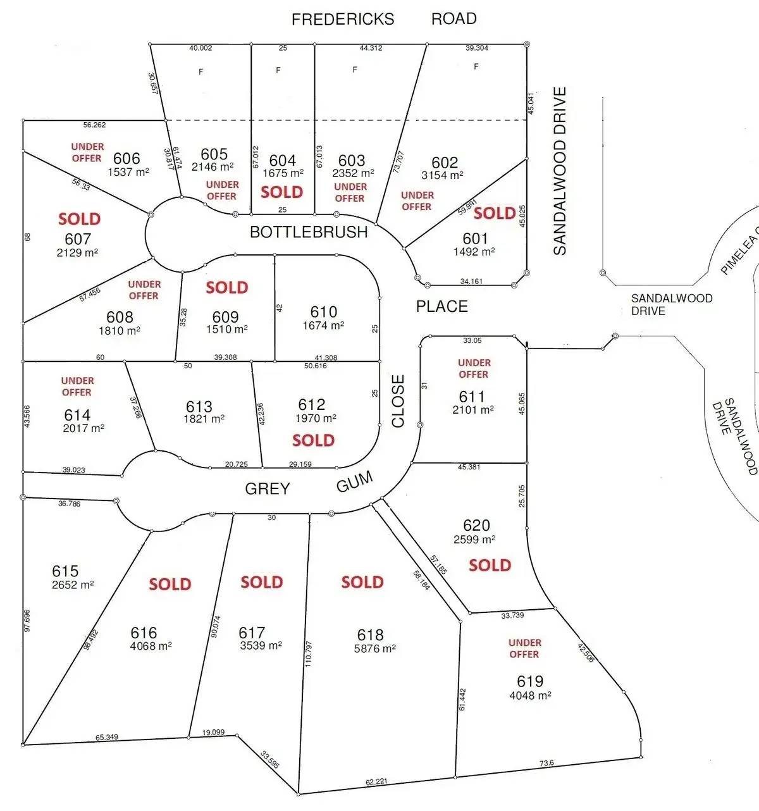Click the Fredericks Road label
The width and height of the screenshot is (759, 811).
click(x=384, y=19)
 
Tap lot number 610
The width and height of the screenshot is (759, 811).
click(x=324, y=312)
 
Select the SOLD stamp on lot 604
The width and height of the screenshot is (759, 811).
click(x=281, y=192)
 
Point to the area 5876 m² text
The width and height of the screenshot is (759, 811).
click(x=375, y=648)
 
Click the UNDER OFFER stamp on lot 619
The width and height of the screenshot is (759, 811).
click(x=524, y=648)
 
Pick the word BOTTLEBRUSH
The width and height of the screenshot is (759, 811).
click(x=309, y=232)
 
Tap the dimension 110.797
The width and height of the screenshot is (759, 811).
click(x=308, y=653)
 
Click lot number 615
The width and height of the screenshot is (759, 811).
click(x=65, y=571)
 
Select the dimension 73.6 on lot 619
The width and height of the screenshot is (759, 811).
click(x=546, y=763)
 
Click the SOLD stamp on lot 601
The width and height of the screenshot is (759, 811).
click(x=495, y=213)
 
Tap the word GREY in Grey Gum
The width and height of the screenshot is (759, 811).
click(x=268, y=488)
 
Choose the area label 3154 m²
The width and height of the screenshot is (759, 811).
click(x=442, y=175)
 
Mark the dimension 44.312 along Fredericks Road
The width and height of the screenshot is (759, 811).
click(x=371, y=48)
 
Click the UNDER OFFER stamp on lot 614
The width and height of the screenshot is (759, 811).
click(x=77, y=387)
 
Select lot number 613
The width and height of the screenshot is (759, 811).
click(x=199, y=406)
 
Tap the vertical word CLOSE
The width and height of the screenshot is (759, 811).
click(x=398, y=401)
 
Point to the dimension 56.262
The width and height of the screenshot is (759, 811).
click(x=94, y=125)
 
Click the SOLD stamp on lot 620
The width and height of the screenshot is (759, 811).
click(x=490, y=565)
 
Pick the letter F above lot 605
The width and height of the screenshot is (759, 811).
click(x=201, y=72)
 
